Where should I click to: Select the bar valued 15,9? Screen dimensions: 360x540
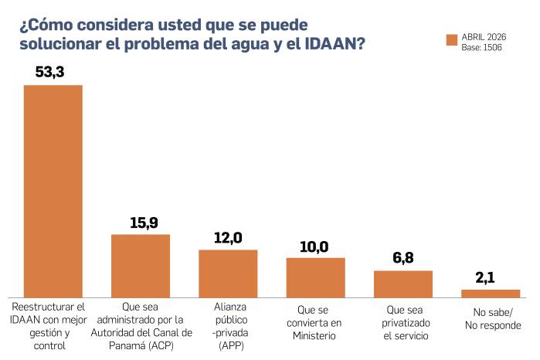point(141,266)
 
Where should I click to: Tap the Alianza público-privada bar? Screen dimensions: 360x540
point(228,273)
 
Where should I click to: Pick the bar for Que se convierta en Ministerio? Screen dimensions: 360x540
point(315,277)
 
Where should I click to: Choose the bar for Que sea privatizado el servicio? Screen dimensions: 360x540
point(402,284)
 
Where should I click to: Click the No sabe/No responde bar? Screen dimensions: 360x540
point(491,294)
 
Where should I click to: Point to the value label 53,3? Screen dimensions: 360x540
point(53,72)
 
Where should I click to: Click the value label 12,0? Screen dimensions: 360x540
point(228,238)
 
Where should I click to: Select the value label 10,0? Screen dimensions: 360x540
point(315,246)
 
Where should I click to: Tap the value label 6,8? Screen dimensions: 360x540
point(402,258)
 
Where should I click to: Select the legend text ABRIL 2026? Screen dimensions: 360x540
point(484,36)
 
